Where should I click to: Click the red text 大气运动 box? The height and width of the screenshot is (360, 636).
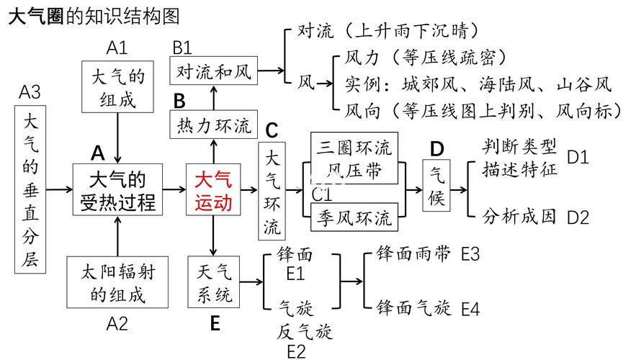tap(214, 191)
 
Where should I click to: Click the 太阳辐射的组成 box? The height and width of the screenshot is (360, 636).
tap(117, 282)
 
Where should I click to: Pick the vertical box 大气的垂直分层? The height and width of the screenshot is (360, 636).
tap(30, 189)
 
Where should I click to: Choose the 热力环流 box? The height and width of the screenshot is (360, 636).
tap(213, 125)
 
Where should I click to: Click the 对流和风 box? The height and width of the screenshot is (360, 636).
tap(213, 72)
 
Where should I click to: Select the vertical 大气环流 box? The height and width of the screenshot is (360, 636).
tap(272, 191)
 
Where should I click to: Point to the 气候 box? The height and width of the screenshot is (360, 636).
tap(437, 186)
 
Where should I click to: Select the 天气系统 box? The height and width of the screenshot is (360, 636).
tap(214, 282)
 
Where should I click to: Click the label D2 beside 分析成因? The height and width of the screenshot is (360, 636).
tap(578, 217)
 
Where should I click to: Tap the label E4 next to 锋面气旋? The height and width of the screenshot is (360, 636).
tap(470, 310)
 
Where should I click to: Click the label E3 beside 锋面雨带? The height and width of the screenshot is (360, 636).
tap(470, 254)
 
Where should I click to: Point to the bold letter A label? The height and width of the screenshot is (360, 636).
tap(98, 153)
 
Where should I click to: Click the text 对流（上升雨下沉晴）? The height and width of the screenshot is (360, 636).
tap(388, 31)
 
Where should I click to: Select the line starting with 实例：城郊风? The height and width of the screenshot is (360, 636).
tap(478, 85)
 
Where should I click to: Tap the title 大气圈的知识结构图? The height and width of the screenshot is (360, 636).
tap(94, 16)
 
